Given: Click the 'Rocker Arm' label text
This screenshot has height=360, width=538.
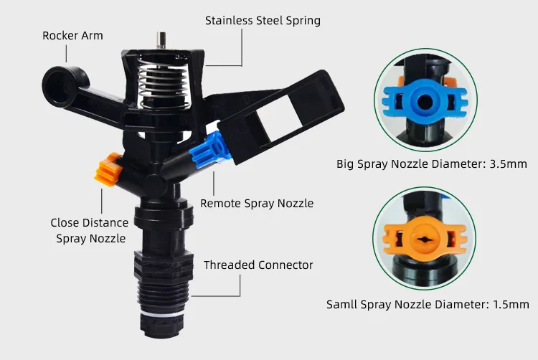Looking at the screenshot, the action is (72, 36).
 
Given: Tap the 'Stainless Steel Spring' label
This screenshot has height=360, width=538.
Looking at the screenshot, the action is (263, 21).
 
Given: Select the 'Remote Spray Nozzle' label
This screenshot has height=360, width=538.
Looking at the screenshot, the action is (257, 204).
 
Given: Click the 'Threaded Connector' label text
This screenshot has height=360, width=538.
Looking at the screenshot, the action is (258, 265).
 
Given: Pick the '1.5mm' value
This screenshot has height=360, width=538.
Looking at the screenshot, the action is (511, 305).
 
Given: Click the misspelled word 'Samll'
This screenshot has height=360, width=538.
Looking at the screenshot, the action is (341, 305).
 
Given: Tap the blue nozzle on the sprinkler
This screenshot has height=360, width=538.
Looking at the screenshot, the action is (209, 150).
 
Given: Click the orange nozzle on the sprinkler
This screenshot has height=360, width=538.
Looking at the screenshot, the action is (108, 169).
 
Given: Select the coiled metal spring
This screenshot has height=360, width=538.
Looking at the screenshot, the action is (162, 82).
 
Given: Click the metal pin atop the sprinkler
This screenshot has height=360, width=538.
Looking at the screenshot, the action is (161, 40).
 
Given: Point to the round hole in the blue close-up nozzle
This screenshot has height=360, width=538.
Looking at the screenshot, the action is (425, 102).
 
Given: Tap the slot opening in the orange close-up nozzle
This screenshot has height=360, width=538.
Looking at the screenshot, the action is (425, 240).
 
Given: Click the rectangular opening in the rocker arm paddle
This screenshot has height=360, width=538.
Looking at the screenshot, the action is (280, 118).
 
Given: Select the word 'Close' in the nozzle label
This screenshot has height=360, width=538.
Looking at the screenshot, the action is (65, 223).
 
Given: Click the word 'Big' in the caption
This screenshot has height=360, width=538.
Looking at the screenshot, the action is (345, 164).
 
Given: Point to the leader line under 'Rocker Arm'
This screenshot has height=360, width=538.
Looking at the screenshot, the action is (66, 54).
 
